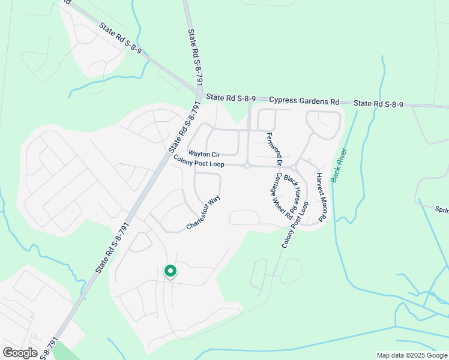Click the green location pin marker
[170, 272]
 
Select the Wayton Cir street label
[204, 154]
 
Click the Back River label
[340, 165]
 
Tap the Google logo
[20, 352]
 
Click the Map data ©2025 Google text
[412, 355]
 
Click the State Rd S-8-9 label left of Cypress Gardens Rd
[231, 97]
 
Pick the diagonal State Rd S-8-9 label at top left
[121, 38]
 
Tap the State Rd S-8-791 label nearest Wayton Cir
[183, 126]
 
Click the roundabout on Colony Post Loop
[247, 166]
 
